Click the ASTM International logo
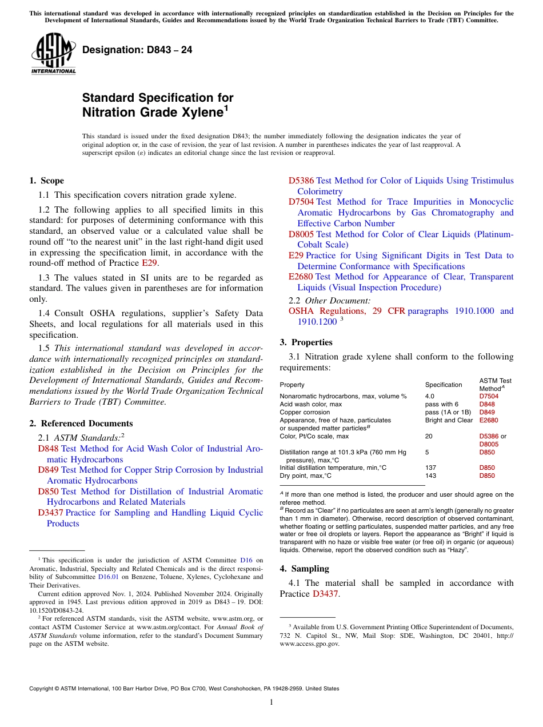click(x=53, y=54)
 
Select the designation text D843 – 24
click(x=137, y=50)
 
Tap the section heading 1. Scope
click(x=46, y=181)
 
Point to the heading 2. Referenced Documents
click(x=81, y=424)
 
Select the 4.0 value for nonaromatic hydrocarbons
click(x=430, y=396)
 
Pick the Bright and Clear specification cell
click(x=449, y=420)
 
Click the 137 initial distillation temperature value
click(x=430, y=468)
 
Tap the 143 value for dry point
click(x=430, y=476)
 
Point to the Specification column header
click(x=444, y=385)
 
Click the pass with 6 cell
click(x=441, y=404)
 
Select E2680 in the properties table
click(x=488, y=420)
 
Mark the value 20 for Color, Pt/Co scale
click(x=429, y=436)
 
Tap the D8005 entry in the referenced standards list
click(x=301, y=234)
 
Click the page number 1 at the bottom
click(x=271, y=702)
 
